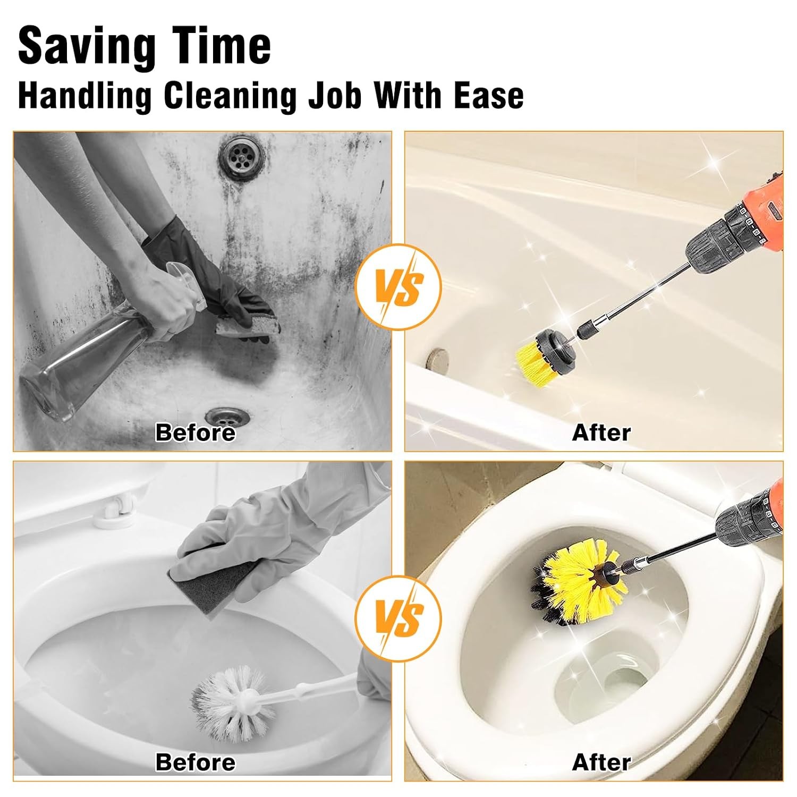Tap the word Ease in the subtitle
pyautogui.click(x=488, y=96)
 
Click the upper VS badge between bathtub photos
pyautogui.click(x=398, y=287)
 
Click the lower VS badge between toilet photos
pyautogui.click(x=398, y=618)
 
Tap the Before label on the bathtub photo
pyautogui.click(x=195, y=433)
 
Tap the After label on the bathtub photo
pyautogui.click(x=601, y=433)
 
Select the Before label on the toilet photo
pyautogui.click(x=195, y=762)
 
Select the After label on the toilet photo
pyautogui.click(x=601, y=762)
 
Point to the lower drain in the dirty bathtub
pyautogui.click(x=228, y=416)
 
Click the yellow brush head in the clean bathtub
pyautogui.click(x=533, y=361)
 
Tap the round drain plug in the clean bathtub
pyautogui.click(x=439, y=355)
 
